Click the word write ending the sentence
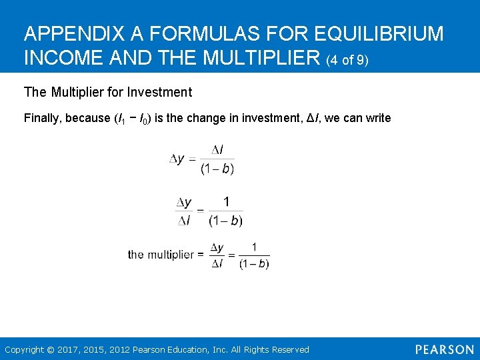(x=378, y=118)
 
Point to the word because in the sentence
(x=89, y=118)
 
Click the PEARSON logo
(x=444, y=349)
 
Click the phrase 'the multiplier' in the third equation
(x=161, y=255)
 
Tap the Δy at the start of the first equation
(x=177, y=159)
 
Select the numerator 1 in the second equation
(x=226, y=201)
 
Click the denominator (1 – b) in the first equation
(x=217, y=169)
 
